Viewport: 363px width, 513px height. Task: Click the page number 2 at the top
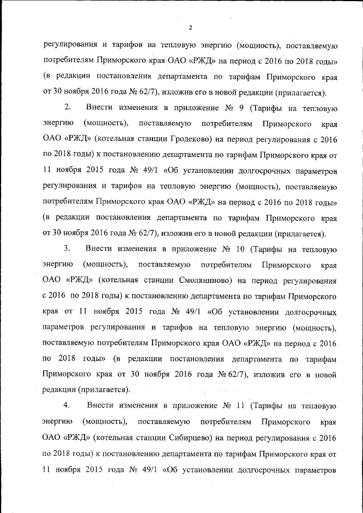(x=191, y=28)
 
